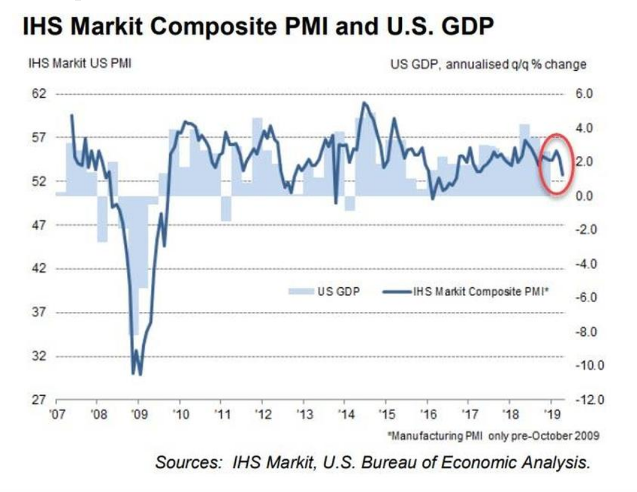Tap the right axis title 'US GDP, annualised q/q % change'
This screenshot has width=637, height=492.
[x=488, y=65]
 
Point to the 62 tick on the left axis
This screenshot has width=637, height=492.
[x=38, y=94]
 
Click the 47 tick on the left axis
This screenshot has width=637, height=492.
[x=38, y=225]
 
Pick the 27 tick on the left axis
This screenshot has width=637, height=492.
[x=38, y=400]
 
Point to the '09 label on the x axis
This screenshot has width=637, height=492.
[x=138, y=414]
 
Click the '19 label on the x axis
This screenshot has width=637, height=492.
[x=551, y=414]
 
